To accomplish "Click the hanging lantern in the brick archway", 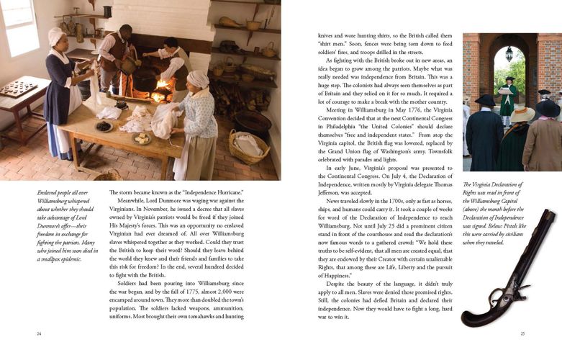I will (x=509, y=54).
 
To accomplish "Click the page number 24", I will (x=39, y=333).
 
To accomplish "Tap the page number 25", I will (x=523, y=333).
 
